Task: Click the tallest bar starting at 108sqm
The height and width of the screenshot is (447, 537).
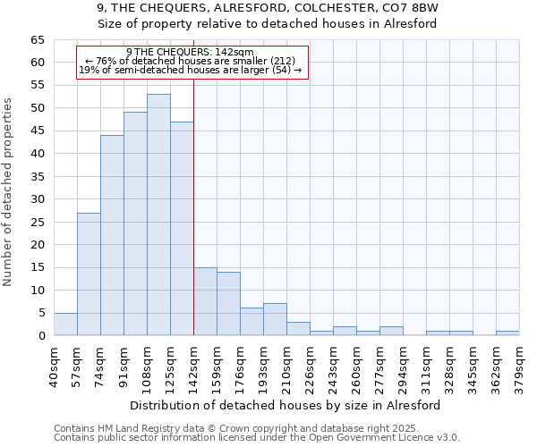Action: pos(158,215)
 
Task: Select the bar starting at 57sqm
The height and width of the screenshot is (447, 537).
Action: pos(89,274)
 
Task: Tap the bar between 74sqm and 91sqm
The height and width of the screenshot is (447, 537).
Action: pos(112,235)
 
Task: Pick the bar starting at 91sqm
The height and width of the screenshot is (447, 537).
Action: pos(135,223)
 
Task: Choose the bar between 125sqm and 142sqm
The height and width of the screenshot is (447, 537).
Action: pos(182,228)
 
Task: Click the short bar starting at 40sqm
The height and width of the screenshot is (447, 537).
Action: pos(65,325)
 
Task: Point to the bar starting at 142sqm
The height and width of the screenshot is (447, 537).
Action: pos(205,301)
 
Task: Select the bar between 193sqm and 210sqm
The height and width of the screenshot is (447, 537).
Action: pos(275,319)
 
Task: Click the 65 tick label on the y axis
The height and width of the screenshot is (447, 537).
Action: pos(37,40)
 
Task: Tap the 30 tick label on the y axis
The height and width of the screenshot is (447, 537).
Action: pos(37,199)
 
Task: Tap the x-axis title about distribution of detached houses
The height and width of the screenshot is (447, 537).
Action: pos(286,405)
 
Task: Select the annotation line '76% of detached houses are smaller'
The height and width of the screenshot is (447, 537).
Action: pos(191,61)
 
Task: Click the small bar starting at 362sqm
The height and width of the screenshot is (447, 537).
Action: pos(507,333)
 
